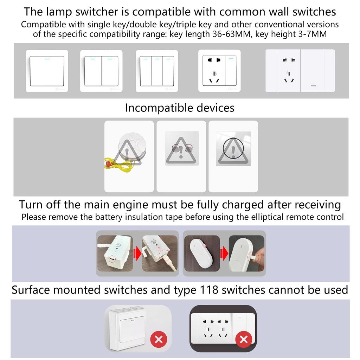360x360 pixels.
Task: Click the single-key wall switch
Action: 47,71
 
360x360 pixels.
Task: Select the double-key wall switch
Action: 101,71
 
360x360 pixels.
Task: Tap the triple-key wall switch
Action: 157,71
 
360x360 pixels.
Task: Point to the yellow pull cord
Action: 117,163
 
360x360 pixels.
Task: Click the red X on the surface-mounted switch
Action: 159,339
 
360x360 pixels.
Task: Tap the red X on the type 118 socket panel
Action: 244,339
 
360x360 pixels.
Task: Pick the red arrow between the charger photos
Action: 137,253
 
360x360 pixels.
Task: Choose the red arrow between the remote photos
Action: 224,253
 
